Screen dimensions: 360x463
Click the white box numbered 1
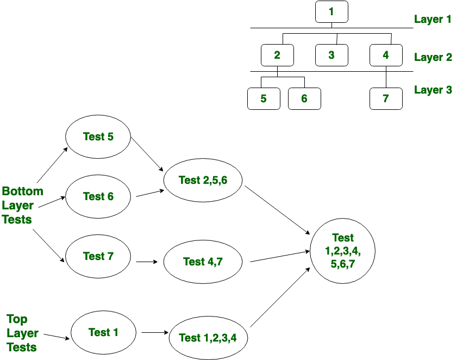tap(331, 12)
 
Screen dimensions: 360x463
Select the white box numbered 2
tap(277, 55)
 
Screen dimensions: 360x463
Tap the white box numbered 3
tap(331, 55)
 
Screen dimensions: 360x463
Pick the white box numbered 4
tap(386, 55)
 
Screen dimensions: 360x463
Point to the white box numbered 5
tap(264, 98)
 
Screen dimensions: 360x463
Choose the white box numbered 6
tap(304, 98)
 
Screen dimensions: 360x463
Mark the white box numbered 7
tap(386, 98)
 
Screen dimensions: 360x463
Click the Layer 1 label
tap(433, 20)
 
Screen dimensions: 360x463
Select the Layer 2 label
tap(433, 57)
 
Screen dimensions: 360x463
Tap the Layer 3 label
tap(433, 90)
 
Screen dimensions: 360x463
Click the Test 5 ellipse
tap(98, 136)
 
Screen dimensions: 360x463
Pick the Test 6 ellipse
tap(98, 196)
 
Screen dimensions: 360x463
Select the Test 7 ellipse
tap(98, 256)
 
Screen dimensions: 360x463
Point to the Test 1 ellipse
tap(103, 332)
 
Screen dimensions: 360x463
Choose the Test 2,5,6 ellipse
tap(203, 180)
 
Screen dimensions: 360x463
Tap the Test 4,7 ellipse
tap(203, 262)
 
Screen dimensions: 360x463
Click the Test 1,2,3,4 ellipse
tap(208, 338)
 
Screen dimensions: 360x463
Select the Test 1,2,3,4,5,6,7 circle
tap(342, 251)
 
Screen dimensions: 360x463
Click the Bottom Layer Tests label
tap(22, 206)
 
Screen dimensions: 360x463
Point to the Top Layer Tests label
tap(22, 333)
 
